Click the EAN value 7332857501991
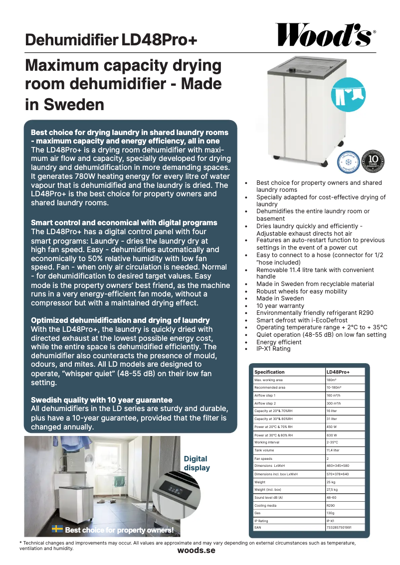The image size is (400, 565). (x=339, y=527)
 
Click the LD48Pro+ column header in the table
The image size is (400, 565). (x=338, y=372)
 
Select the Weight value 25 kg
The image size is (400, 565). (x=331, y=482)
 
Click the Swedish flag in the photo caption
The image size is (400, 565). (x=58, y=529)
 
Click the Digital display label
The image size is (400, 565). (x=197, y=463)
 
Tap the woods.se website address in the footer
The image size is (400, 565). (x=196, y=550)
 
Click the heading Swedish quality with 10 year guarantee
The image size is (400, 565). (x=102, y=400)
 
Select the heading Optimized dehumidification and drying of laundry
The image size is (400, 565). (x=120, y=320)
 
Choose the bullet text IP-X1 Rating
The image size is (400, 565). (x=273, y=349)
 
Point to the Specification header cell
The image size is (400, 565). (x=269, y=372)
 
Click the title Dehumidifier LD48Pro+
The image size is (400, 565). (x=111, y=40)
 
